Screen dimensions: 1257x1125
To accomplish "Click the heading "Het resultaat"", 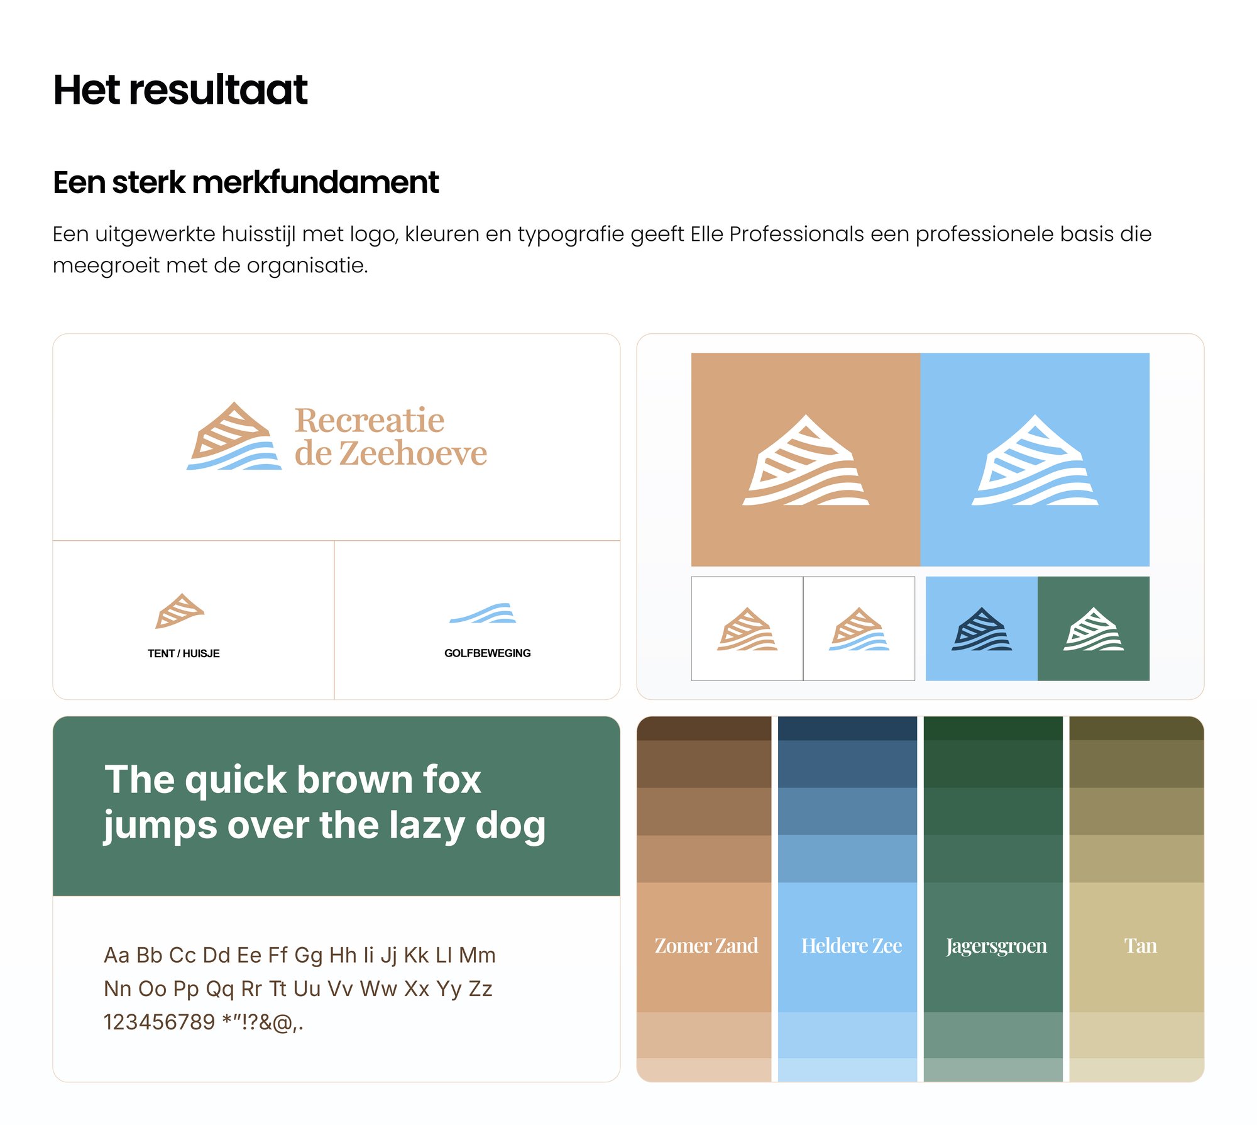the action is [180, 89].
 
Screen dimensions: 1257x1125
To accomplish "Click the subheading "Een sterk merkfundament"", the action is [246, 182].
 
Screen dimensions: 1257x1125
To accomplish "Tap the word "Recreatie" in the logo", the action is [370, 420].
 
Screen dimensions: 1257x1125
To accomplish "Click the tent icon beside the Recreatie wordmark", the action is [234, 436].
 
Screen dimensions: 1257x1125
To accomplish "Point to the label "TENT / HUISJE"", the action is [184, 653].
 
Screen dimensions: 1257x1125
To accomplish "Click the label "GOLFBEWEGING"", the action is [487, 653].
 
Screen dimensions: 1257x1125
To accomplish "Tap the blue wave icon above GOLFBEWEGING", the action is [483, 613].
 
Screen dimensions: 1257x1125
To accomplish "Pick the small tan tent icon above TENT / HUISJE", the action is [180, 611].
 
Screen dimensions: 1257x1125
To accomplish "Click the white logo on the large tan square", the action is [806, 460].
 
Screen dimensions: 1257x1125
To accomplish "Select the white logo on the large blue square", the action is [1035, 460].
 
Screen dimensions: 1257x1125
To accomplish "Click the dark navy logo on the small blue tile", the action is [982, 629].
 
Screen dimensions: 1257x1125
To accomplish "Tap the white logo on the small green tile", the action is [1094, 629].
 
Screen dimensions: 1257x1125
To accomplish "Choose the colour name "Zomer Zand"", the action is [706, 946].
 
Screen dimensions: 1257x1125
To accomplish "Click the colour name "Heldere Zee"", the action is [852, 946].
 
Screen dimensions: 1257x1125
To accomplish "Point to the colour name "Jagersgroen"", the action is [996, 946].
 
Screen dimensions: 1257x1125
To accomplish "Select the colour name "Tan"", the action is [1140, 946].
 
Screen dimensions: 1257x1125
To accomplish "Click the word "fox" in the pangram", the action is [452, 780].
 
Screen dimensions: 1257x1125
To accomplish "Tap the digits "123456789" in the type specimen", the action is [159, 1022].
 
